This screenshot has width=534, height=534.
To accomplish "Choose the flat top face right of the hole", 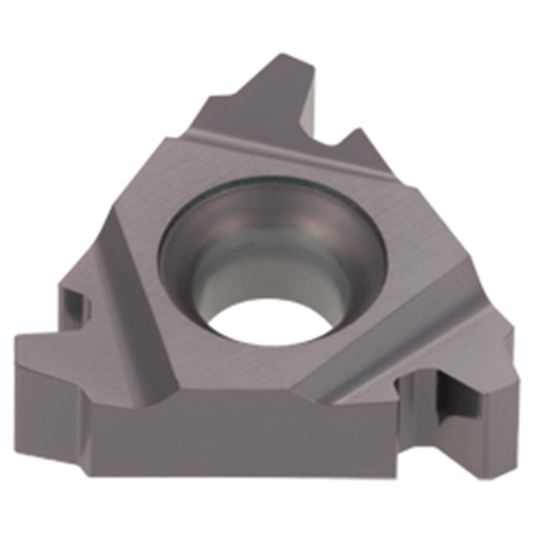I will coord(417,250).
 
